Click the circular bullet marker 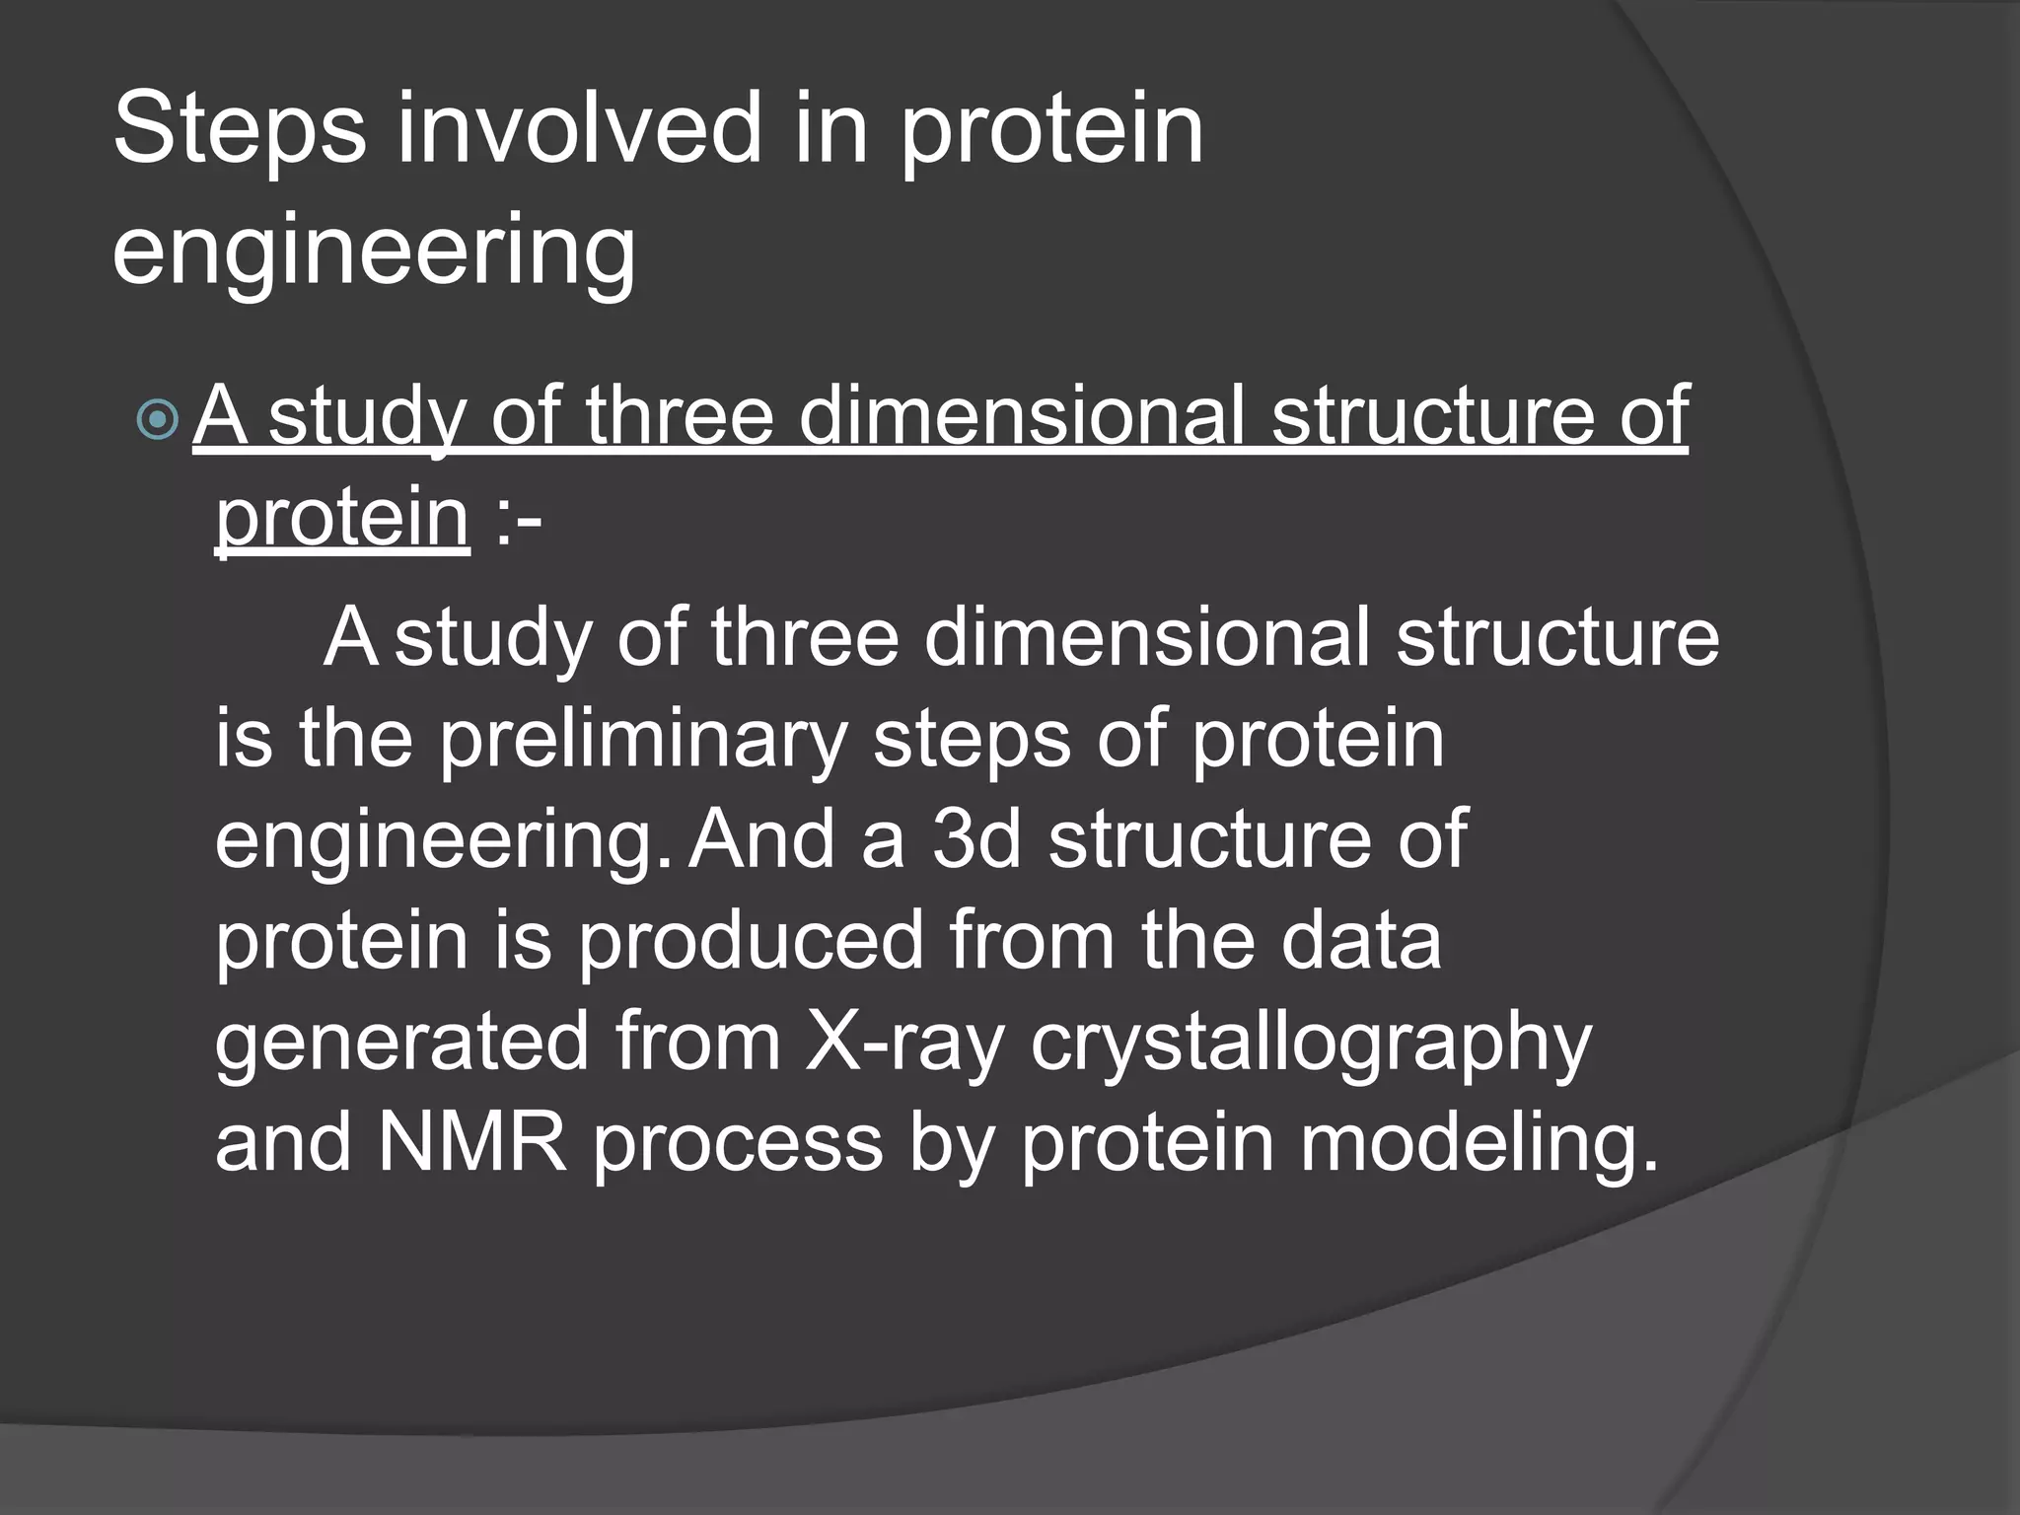(x=158, y=421)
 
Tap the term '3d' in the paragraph (x=975, y=838)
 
